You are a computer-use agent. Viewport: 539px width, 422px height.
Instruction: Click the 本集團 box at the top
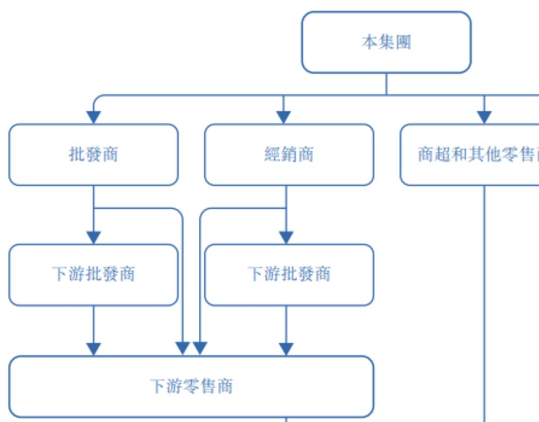pyautogui.click(x=386, y=42)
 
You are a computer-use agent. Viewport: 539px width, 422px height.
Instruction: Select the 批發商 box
pyautogui.click(x=93, y=154)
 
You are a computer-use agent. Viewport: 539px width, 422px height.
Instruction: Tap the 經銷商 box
pyautogui.click(x=288, y=154)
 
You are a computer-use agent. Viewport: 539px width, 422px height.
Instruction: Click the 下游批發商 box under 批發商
pyautogui.click(x=93, y=274)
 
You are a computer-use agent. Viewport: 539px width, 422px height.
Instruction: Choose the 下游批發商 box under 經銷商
pyautogui.click(x=288, y=274)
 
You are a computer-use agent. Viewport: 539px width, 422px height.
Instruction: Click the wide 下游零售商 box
pyautogui.click(x=190, y=386)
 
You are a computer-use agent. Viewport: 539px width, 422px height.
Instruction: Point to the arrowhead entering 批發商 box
pyautogui.click(x=94, y=117)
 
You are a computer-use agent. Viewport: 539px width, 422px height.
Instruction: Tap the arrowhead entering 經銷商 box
pyautogui.click(x=283, y=117)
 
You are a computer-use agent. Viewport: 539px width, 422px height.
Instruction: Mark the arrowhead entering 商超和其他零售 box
pyautogui.click(x=484, y=117)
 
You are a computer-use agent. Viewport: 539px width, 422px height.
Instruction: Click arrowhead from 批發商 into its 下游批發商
pyautogui.click(x=94, y=237)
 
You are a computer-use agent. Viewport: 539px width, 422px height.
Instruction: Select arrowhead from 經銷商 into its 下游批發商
pyautogui.click(x=286, y=237)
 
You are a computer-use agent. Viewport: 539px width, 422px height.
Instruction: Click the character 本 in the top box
pyautogui.click(x=369, y=42)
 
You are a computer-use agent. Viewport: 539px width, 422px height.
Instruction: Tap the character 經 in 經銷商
pyautogui.click(x=273, y=154)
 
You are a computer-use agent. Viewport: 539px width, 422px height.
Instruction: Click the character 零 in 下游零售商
pyautogui.click(x=191, y=386)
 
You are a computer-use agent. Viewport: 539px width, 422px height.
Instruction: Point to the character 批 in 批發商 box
pyautogui.click(x=77, y=154)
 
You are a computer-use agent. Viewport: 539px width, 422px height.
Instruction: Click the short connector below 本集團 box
pyautogui.click(x=386, y=84)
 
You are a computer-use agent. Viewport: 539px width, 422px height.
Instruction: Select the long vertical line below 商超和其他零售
pyautogui.click(x=484, y=303)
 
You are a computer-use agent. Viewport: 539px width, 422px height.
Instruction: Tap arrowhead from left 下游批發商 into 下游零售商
pyautogui.click(x=94, y=349)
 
